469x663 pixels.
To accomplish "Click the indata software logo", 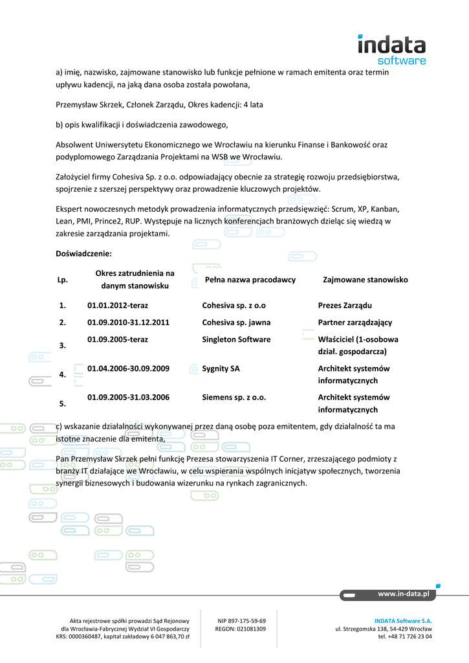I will click(391, 49).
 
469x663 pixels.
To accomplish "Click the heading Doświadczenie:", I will click(84, 254).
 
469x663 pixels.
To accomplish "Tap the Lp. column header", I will click(63, 280).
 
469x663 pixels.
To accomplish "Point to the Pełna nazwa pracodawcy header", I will click(250, 280).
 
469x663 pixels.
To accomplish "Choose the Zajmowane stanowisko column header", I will click(365, 280).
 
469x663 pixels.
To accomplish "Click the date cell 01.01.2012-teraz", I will click(117, 306).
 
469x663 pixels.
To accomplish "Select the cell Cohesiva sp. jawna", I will click(236, 322).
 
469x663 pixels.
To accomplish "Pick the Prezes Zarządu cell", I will click(345, 306).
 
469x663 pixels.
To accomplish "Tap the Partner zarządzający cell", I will click(355, 322).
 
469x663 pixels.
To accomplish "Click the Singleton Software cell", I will click(236, 339).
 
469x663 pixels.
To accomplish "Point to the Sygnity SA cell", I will click(221, 368).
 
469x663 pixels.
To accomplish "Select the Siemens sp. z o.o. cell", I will click(234, 398).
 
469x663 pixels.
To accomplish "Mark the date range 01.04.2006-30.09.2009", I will click(128, 368).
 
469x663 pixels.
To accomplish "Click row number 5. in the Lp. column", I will click(63, 404).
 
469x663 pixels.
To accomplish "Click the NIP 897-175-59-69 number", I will click(241, 620).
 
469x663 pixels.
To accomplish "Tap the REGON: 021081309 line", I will click(241, 629).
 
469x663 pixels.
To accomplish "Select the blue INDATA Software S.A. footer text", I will click(403, 620).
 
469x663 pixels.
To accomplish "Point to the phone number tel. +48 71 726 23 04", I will click(405, 636).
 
